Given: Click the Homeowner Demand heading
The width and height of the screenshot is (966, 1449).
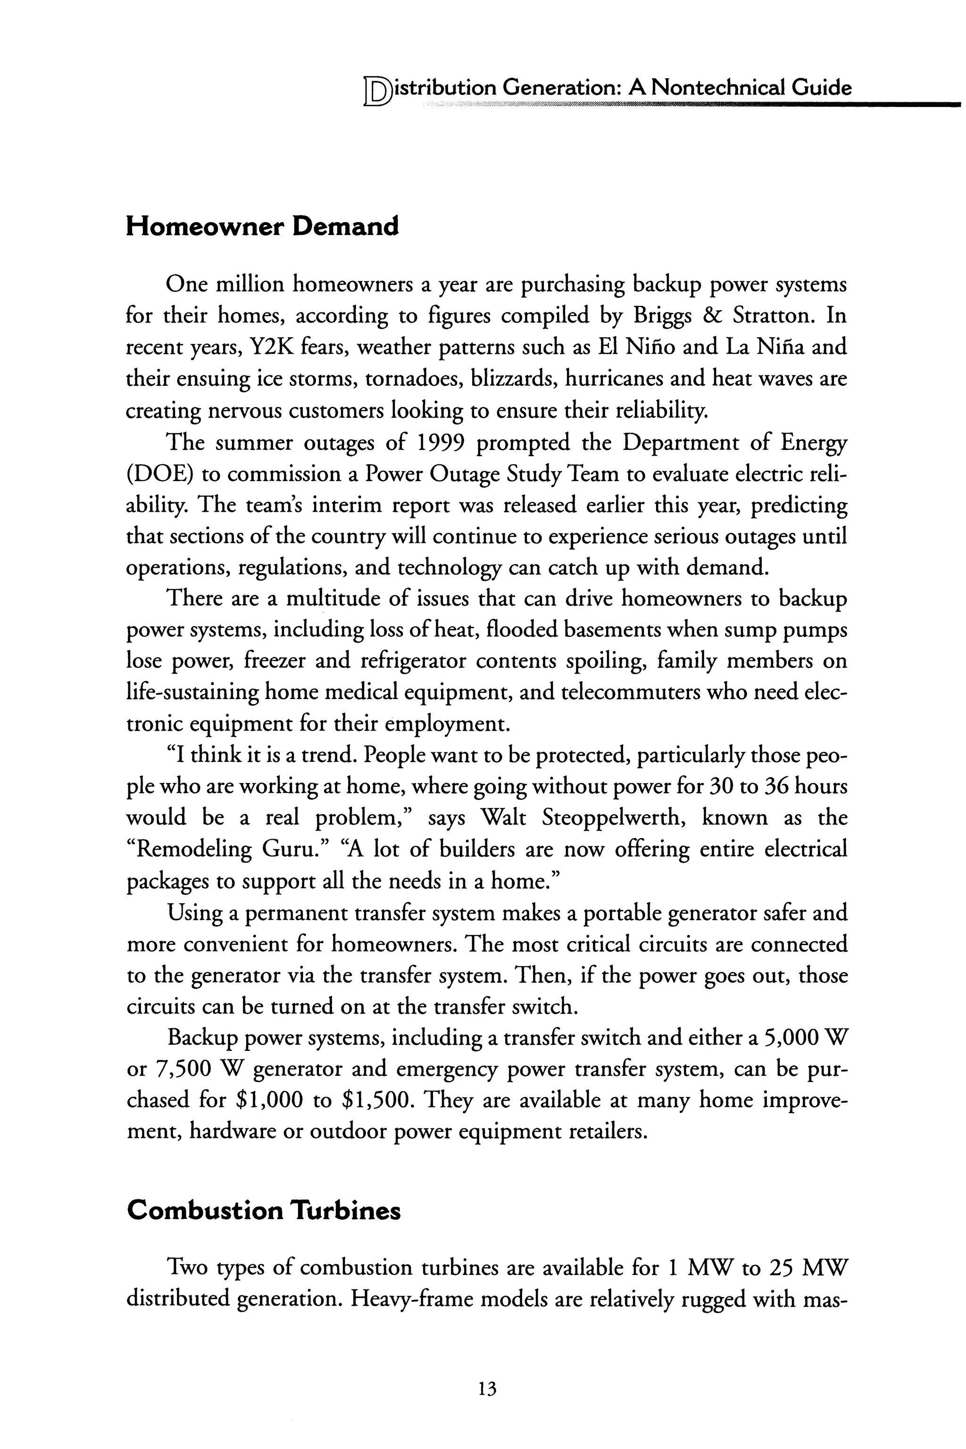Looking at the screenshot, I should pos(262,227).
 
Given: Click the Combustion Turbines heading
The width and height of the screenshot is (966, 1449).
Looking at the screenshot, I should pos(263,1211).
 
